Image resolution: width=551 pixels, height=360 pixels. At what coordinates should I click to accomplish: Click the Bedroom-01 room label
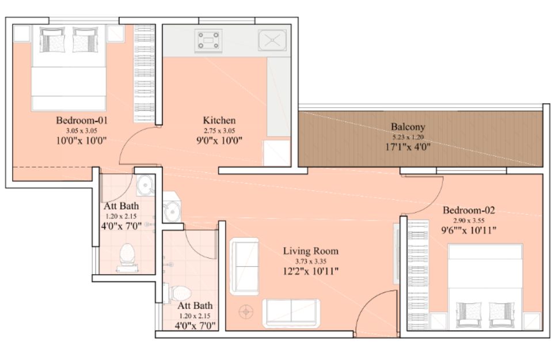pos(82,120)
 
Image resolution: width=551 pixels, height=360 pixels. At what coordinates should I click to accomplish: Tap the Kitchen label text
pos(219,120)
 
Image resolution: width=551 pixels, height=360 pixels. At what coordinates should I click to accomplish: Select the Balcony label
pos(408,127)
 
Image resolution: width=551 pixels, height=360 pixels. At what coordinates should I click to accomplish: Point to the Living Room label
pos(311,251)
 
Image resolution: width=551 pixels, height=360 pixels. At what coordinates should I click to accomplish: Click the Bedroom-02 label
pos(469,210)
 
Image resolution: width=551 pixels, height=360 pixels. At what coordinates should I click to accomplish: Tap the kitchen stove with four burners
pos(208,40)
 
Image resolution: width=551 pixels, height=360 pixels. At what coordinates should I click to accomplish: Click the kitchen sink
pos(272,40)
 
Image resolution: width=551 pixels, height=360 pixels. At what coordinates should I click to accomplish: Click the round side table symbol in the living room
pos(246,312)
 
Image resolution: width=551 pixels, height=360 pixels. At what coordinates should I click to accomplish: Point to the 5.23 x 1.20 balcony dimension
pos(408,137)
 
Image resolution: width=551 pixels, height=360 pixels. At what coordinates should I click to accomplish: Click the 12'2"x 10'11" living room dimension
pos(311,271)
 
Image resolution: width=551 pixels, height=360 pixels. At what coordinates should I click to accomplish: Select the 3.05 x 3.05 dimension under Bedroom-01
pos(82,131)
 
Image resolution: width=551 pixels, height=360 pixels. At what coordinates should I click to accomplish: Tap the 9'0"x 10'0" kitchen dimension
pos(219,141)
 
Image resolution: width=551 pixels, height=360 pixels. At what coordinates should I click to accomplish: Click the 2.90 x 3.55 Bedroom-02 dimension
pos(469,221)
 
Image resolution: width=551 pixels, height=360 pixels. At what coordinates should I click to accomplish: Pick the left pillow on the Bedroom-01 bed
pos(52,40)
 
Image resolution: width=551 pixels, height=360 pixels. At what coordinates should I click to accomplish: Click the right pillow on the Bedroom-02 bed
pos(502,314)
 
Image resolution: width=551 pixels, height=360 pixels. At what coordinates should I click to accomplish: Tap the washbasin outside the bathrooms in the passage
pos(172,210)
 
